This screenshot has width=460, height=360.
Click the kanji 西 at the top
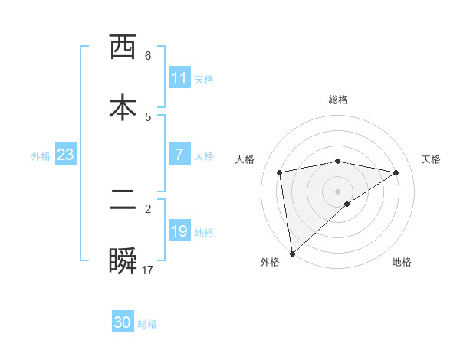(123, 47)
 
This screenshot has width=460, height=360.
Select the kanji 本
(123, 108)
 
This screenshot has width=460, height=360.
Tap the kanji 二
(123, 201)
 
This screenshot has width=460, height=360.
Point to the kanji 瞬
(123, 262)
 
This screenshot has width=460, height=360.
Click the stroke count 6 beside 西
(148, 56)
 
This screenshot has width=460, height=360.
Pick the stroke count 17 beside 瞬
(148, 270)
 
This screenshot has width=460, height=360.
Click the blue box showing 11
(179, 78)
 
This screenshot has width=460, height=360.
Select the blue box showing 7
(179, 155)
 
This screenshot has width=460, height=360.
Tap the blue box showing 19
(179, 231)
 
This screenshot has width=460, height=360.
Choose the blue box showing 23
(66, 155)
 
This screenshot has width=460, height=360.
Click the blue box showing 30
(123, 322)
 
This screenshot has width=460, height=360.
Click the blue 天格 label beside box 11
(204, 79)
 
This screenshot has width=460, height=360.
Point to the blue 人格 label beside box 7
(204, 155)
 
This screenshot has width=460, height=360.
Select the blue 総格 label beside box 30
(147, 324)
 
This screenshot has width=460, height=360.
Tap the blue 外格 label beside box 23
(41, 155)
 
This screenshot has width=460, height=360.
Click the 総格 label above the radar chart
(338, 100)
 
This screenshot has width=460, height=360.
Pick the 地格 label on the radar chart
(402, 262)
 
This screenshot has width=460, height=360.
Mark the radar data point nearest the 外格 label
(292, 253)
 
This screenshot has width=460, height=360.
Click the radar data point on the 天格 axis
(396, 172)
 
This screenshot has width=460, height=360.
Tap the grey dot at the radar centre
(338, 191)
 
